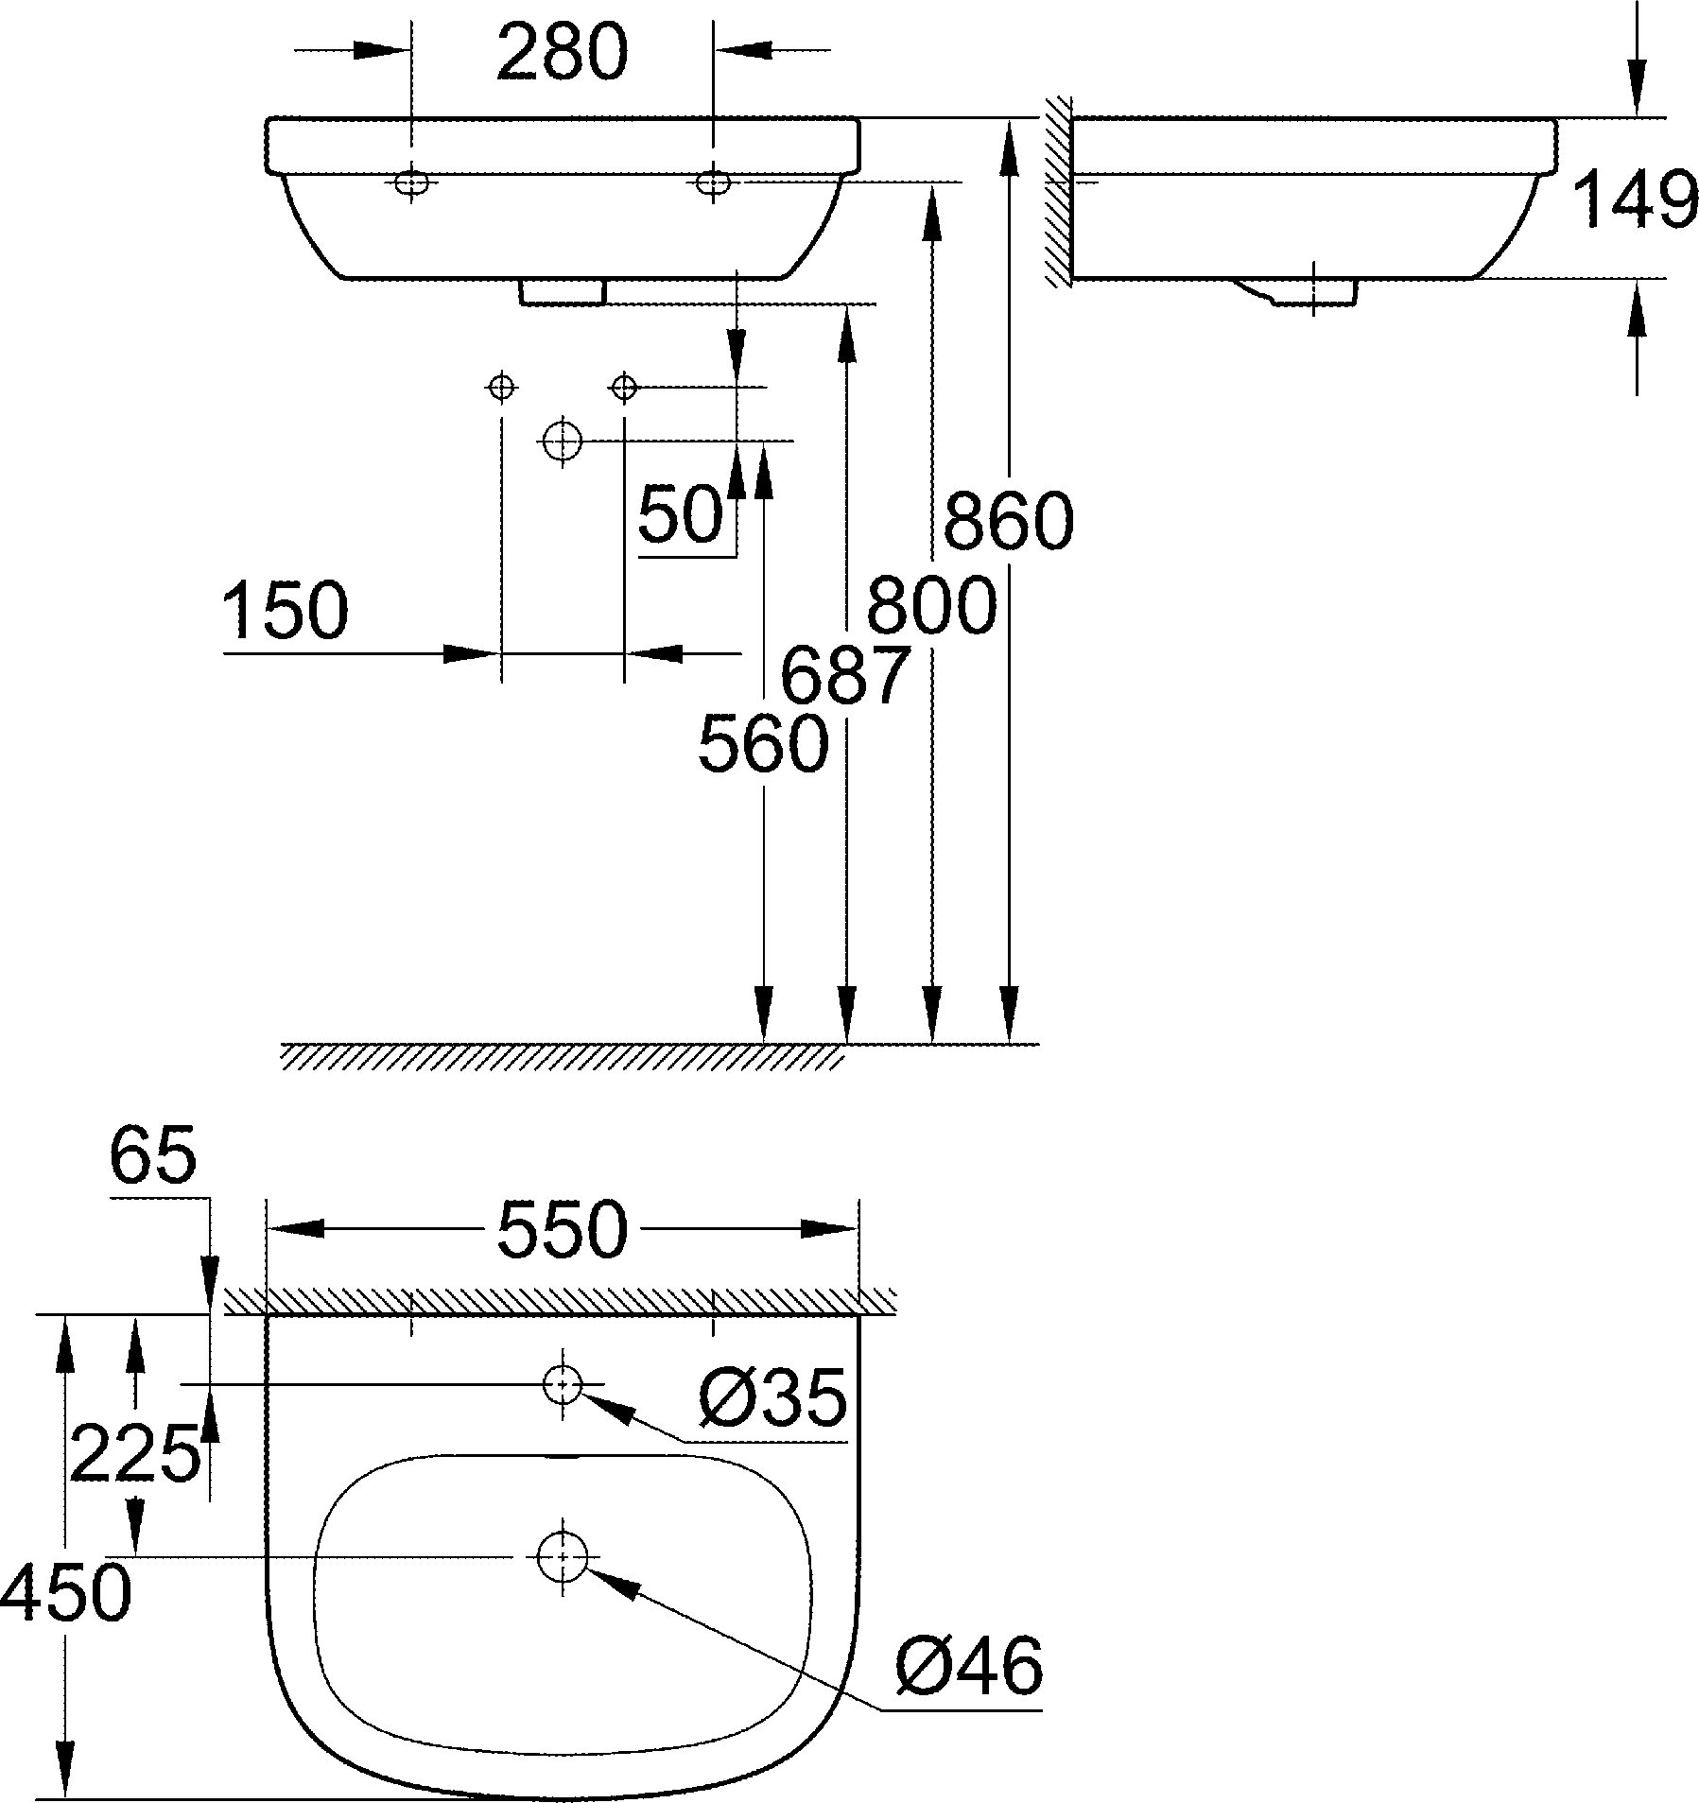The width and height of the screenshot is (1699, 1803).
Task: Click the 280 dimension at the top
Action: pyautogui.click(x=562, y=54)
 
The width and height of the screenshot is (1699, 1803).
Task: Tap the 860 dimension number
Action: pyautogui.click(x=1009, y=522)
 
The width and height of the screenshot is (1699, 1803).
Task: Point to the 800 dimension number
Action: pyautogui.click(x=931, y=606)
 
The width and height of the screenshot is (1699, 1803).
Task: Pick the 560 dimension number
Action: pyautogui.click(x=763, y=744)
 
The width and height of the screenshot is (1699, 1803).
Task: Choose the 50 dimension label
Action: pyautogui.click(x=681, y=516)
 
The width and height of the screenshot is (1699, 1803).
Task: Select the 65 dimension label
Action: pyautogui.click(x=153, y=1156)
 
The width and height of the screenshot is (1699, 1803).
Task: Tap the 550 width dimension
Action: pyautogui.click(x=563, y=1230)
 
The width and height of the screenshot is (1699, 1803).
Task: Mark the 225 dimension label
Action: pyautogui.click(x=135, y=1453)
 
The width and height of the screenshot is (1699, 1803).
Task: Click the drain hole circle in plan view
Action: pyautogui.click(x=563, y=1556)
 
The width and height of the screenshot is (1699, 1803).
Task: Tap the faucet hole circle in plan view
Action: pyautogui.click(x=563, y=1383)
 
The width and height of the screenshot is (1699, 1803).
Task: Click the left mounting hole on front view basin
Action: pyautogui.click(x=411, y=182)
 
